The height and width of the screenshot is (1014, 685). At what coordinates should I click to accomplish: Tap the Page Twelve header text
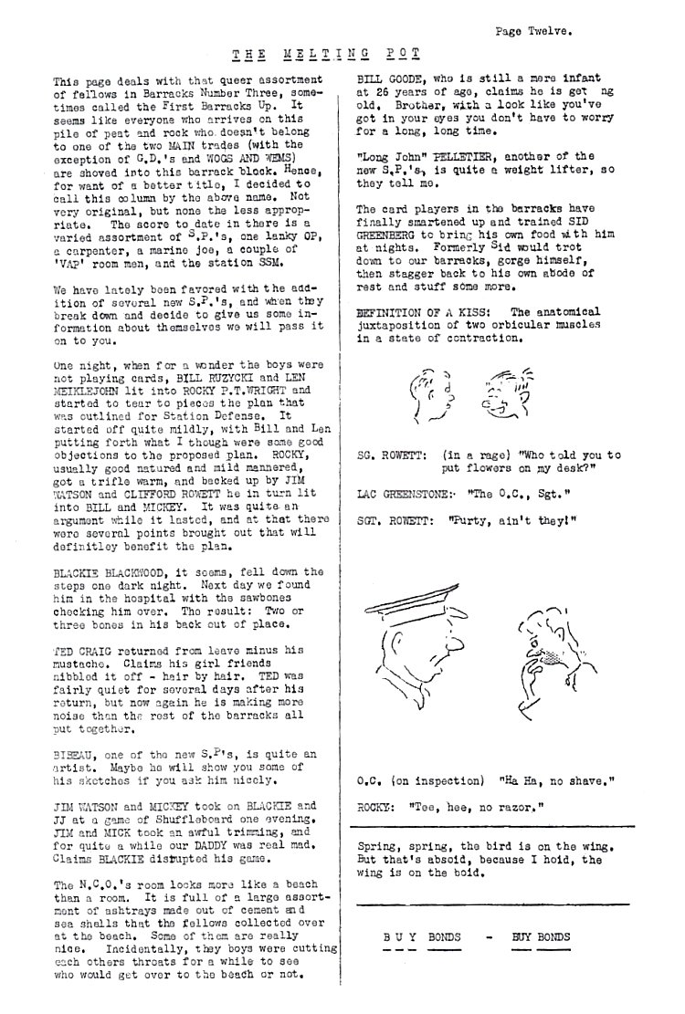point(533,30)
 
